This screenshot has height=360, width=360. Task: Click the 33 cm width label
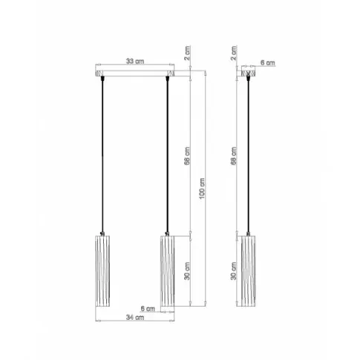click(134, 62)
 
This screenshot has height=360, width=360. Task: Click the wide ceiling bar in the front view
click(134, 73)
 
